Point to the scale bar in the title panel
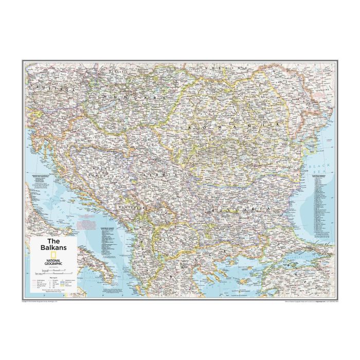coord(53,269)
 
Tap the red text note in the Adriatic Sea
coord(87,224)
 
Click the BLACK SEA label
coord(318,169)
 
